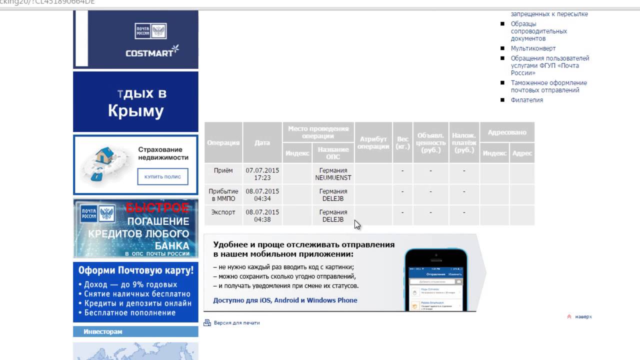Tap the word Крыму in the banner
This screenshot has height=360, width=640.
click(x=135, y=111)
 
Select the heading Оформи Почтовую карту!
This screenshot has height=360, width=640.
click(x=135, y=270)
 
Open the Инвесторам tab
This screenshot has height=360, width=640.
click(x=103, y=331)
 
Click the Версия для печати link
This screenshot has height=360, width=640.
click(x=236, y=323)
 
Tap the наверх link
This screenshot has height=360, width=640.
click(x=583, y=316)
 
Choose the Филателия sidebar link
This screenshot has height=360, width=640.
click(x=526, y=100)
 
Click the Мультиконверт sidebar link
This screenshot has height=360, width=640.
click(x=533, y=48)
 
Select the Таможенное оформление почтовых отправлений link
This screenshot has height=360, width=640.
click(x=548, y=86)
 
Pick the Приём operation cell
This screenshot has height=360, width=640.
click(x=223, y=170)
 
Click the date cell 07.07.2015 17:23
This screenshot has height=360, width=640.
click(x=262, y=174)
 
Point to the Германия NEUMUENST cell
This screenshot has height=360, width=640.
click(x=333, y=174)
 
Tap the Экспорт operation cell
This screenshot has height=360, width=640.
click(x=223, y=212)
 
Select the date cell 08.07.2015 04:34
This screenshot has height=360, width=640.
click(x=262, y=195)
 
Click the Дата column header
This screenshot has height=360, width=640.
click(x=262, y=142)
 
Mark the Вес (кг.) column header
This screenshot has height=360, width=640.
click(x=402, y=142)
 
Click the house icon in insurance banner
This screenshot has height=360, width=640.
click(x=108, y=156)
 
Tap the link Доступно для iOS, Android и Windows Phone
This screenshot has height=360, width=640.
click(x=285, y=300)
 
